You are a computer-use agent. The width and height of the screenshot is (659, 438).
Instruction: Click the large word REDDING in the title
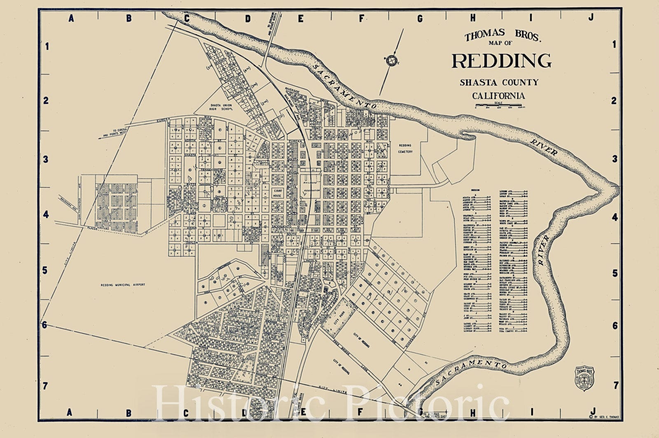501,61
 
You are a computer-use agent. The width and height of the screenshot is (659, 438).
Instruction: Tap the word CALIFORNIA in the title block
498,96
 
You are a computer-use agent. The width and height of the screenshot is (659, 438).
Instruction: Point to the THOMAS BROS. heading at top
502,36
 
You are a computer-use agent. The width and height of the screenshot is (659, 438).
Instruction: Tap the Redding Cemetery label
405,149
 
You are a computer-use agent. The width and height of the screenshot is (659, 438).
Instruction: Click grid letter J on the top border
591,17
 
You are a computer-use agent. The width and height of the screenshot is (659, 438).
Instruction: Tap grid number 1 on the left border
47,47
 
